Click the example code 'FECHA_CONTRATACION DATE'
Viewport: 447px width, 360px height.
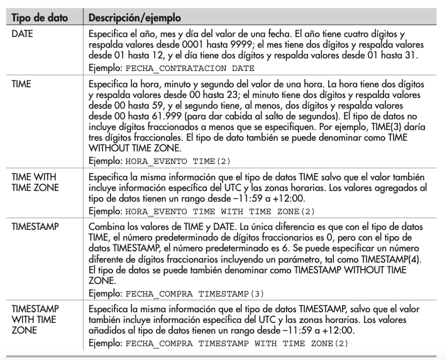(x=191, y=67)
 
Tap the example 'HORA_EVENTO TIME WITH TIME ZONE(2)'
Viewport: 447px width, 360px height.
(x=221, y=211)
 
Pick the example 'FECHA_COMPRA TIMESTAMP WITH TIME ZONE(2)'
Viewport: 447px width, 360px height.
(x=237, y=344)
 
